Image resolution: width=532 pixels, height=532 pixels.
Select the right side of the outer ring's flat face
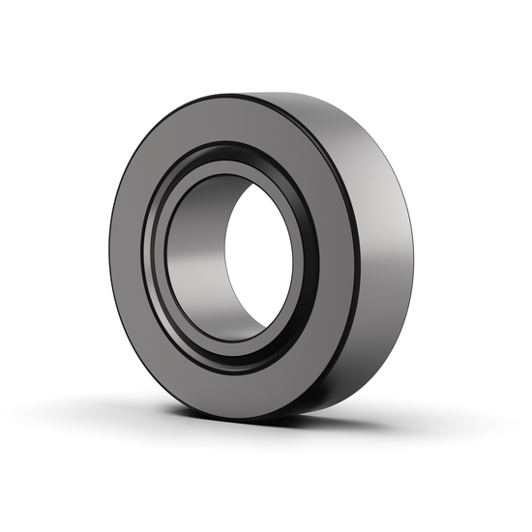point(338,261)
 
